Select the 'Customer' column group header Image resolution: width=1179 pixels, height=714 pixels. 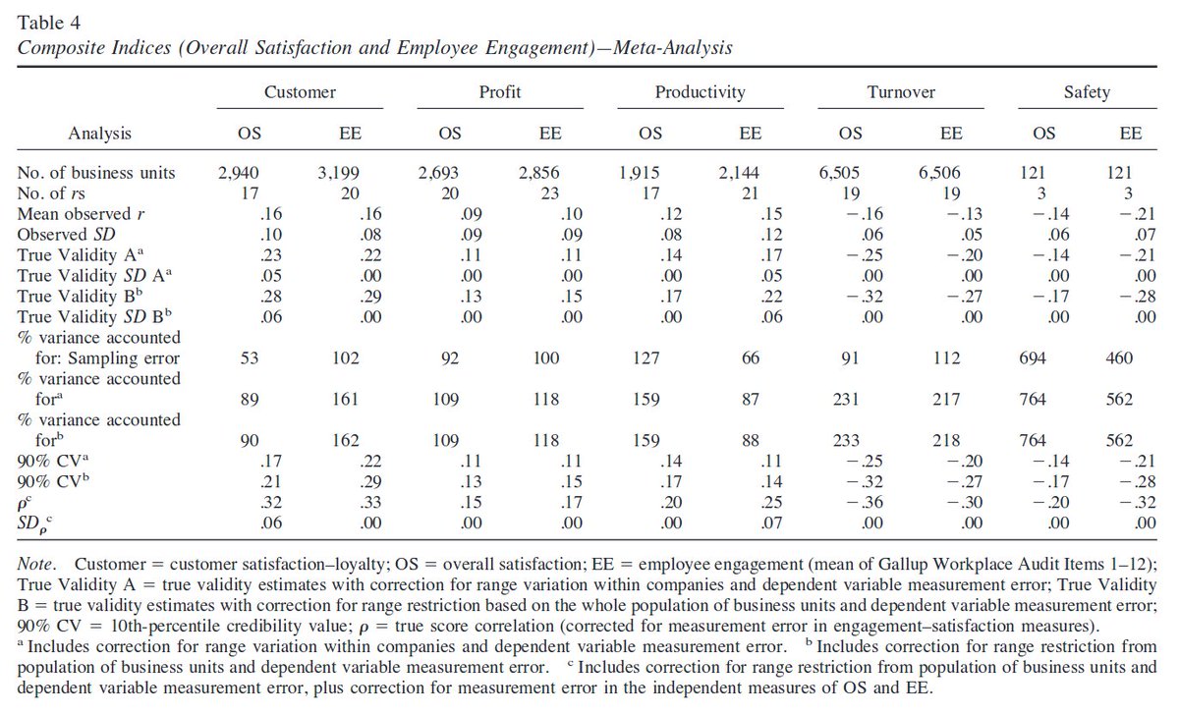[300, 92]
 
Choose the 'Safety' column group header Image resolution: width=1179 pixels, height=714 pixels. [1087, 92]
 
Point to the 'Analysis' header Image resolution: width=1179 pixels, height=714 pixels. [99, 133]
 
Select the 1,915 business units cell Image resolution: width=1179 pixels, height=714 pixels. [644, 173]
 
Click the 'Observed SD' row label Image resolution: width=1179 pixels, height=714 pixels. [64, 235]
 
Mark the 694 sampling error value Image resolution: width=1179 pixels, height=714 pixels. [1044, 358]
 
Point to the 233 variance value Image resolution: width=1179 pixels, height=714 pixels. [851, 441]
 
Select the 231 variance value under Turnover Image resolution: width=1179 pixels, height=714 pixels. [851, 400]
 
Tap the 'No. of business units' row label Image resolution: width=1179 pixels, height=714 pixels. [96, 173]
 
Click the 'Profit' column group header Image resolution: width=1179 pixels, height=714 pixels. [499, 92]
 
